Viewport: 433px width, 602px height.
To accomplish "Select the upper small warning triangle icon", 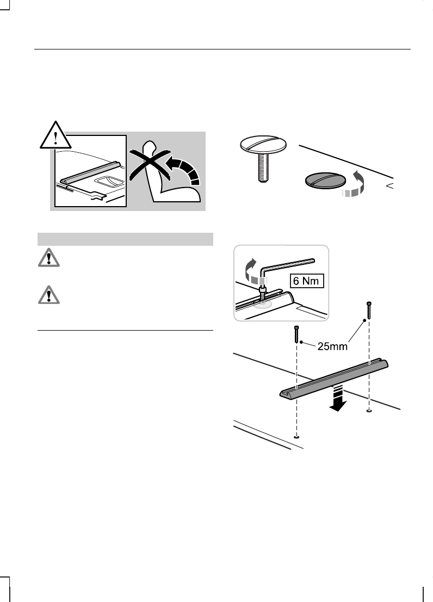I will point(50,259).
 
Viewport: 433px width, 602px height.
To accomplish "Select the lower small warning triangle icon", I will point(50,295).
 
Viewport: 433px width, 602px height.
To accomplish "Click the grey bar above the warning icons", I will point(125,239).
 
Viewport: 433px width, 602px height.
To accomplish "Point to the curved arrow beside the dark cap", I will point(354,185).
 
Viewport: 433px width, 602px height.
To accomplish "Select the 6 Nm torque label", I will point(306,282).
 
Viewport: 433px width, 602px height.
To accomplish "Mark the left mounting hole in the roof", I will point(296,436).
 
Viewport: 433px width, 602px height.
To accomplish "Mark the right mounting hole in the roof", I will point(369,411).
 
